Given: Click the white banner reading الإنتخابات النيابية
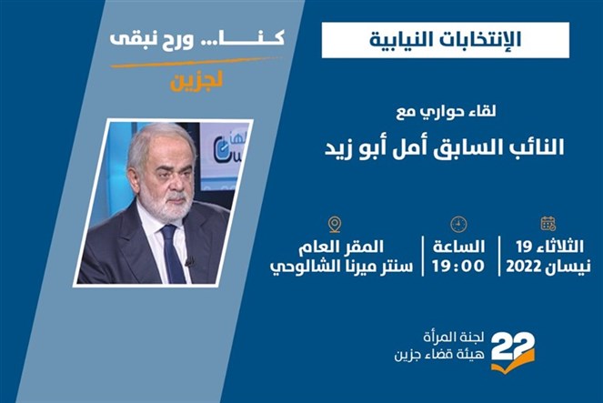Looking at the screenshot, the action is pyautogui.click(x=446, y=40).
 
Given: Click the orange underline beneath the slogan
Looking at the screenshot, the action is pyautogui.click(x=195, y=63).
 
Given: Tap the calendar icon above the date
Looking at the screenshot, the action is pyautogui.click(x=548, y=224).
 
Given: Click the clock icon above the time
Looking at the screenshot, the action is pyautogui.click(x=458, y=224).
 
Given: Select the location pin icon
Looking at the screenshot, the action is pyautogui.click(x=335, y=225).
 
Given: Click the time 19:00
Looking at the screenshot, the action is pyautogui.click(x=458, y=266).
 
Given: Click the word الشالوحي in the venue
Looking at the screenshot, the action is pyautogui.click(x=298, y=267).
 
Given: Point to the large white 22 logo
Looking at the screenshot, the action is pyautogui.click(x=513, y=347).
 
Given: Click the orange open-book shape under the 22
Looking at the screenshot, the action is pyautogui.click(x=513, y=362).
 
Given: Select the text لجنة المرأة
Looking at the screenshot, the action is pyautogui.click(x=454, y=338).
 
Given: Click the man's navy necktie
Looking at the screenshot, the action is pyautogui.click(x=174, y=254).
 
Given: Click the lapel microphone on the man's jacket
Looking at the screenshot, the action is pyautogui.click(x=189, y=262).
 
